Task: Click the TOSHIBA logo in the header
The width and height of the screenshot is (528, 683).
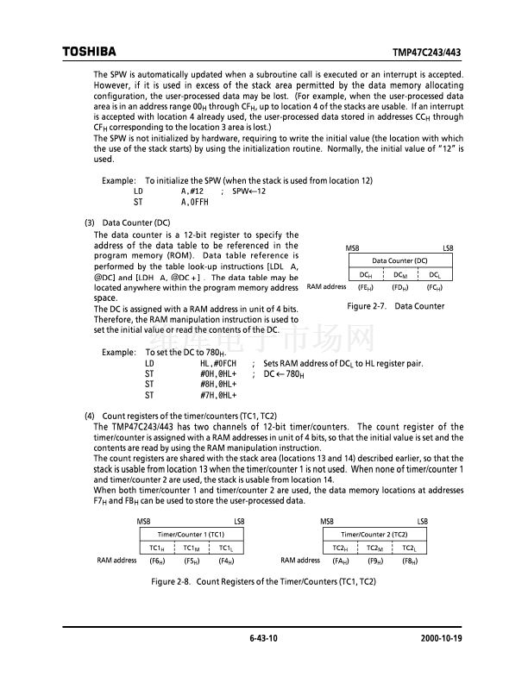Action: (89, 52)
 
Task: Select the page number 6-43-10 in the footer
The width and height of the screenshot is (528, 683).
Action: (263, 639)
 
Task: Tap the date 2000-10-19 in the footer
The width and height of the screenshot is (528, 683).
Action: (440, 639)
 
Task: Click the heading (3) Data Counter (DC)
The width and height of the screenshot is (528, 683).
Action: (127, 222)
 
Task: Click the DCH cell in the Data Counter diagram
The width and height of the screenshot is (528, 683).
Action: (366, 274)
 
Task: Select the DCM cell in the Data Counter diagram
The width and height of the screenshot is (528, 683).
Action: (399, 274)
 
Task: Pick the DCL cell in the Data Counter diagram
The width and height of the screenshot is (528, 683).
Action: (435, 274)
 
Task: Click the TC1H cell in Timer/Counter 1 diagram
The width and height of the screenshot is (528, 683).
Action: (157, 548)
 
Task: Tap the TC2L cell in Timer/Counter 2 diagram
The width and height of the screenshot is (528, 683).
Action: (410, 548)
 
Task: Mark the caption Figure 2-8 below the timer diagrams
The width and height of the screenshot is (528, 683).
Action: (264, 583)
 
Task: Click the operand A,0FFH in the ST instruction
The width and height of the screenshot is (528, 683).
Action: (195, 201)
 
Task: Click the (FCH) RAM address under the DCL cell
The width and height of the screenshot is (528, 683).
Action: (435, 287)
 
